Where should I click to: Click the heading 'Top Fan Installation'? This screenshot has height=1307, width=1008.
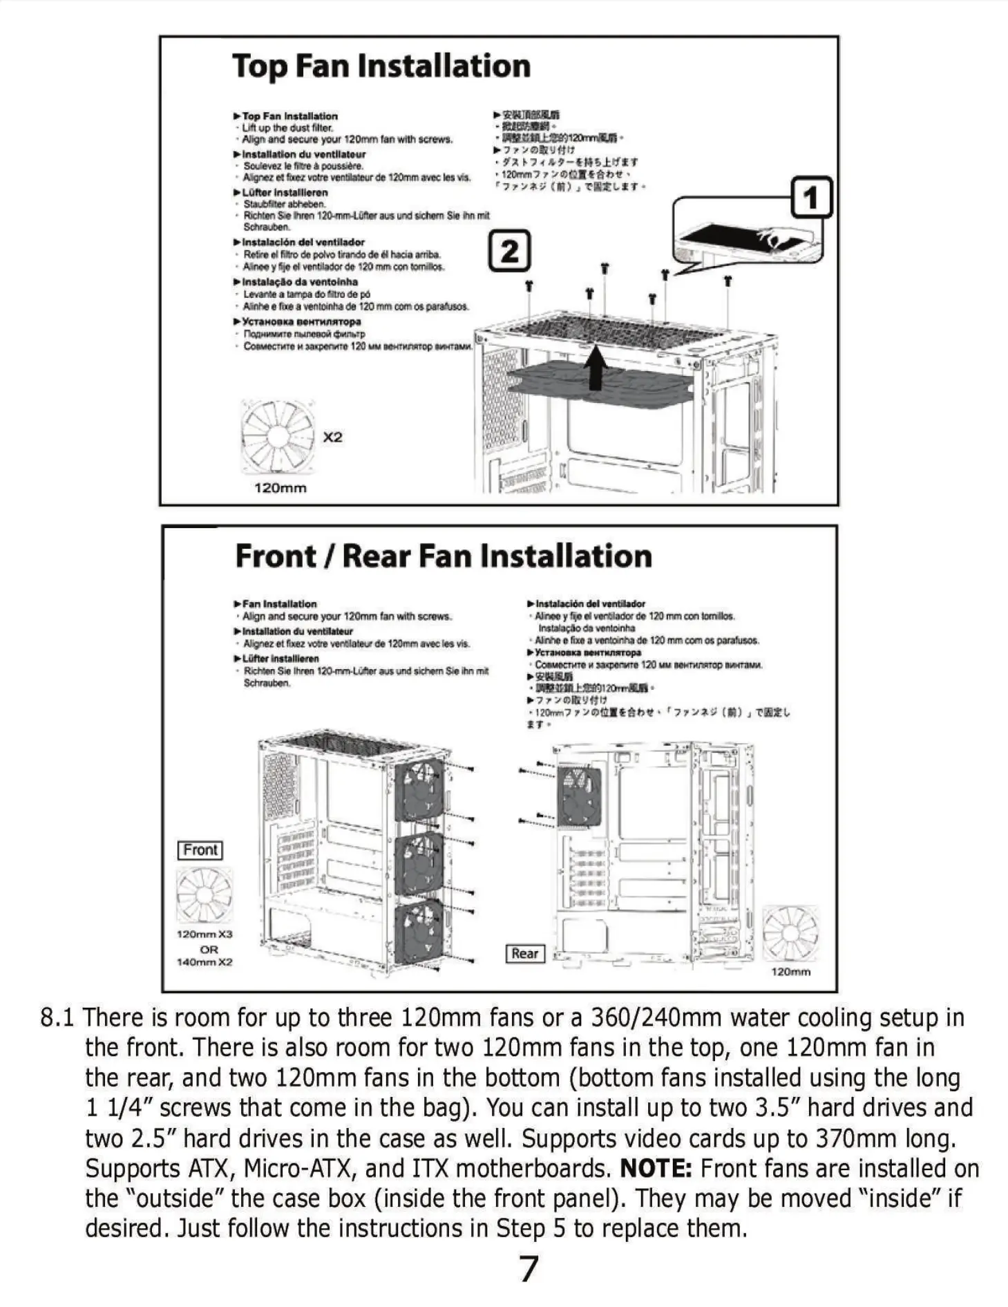point(381,67)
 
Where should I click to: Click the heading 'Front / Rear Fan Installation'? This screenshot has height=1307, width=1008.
point(444,556)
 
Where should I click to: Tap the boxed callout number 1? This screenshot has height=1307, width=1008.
point(810,198)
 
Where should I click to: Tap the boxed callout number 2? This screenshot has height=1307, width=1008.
point(509,251)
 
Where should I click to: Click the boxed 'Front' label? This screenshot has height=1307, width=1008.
point(200,850)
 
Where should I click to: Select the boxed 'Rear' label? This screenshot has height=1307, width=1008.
point(525,954)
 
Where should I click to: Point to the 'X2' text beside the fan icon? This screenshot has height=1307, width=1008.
point(332,438)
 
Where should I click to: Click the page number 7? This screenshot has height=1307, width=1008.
point(529,1268)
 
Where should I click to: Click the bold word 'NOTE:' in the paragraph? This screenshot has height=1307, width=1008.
point(656,1169)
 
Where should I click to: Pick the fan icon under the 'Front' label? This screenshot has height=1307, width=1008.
point(205,895)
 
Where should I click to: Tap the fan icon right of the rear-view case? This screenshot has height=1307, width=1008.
point(790,933)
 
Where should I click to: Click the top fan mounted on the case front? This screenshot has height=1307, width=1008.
point(419,789)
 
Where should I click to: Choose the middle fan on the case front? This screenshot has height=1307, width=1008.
point(419,864)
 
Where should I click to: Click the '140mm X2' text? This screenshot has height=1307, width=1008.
point(205,962)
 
